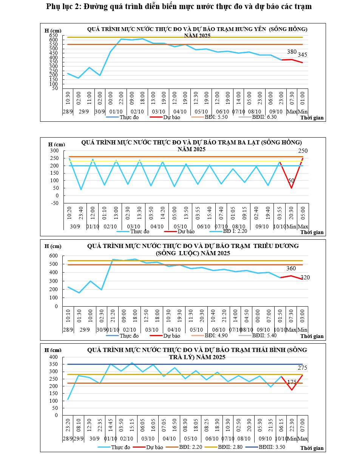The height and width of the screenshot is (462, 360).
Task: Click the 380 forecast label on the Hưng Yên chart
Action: pos(292,52)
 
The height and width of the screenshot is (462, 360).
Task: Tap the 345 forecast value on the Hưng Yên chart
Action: pos(302,55)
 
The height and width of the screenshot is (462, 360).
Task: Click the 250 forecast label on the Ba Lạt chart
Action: pos(303,151)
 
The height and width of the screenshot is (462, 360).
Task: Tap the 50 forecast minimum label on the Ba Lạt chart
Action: pos(291,181)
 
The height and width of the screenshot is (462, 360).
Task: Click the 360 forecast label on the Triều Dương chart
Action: pos(291,268)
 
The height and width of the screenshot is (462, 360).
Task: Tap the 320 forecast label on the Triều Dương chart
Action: pos(305,278)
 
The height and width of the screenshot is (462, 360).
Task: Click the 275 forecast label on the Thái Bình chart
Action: pos(303,368)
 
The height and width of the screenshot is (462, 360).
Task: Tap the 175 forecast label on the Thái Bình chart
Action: pos(292,383)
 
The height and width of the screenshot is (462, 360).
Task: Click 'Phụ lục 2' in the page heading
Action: pos(63,7)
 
